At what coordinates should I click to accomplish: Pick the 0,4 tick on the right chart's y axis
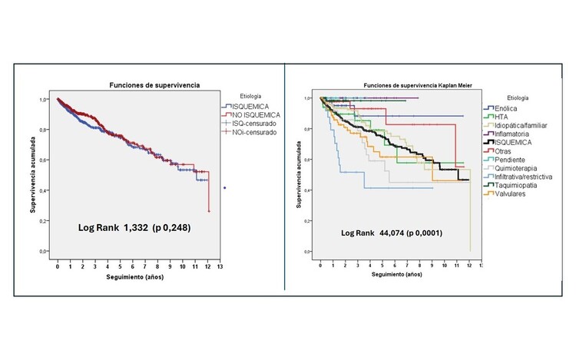[308, 190]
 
